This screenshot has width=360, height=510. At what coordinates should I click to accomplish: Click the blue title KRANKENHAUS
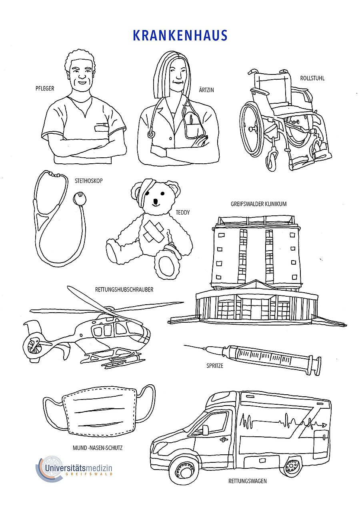tap(180, 35)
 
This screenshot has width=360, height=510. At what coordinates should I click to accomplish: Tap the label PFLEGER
tap(45, 88)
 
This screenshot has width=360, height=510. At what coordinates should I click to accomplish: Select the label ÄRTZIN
tap(206, 90)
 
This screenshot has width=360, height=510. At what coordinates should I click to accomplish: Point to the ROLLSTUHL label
tap(312, 78)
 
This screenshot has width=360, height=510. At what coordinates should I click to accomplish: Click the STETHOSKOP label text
tap(89, 181)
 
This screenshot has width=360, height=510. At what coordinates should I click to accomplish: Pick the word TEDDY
tap(182, 213)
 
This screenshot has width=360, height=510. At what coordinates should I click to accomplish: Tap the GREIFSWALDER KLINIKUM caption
tap(258, 204)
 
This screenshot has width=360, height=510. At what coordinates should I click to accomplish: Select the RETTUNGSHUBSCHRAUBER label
tap(124, 289)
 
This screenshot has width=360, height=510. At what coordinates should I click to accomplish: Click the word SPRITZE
tap(214, 365)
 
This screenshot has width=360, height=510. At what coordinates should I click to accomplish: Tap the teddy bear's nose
tap(156, 202)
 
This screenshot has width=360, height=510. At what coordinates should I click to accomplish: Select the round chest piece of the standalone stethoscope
tap(80, 198)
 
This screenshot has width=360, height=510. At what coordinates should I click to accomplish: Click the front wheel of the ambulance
tap(183, 470)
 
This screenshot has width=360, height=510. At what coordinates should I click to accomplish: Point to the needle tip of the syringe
tap(184, 345)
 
